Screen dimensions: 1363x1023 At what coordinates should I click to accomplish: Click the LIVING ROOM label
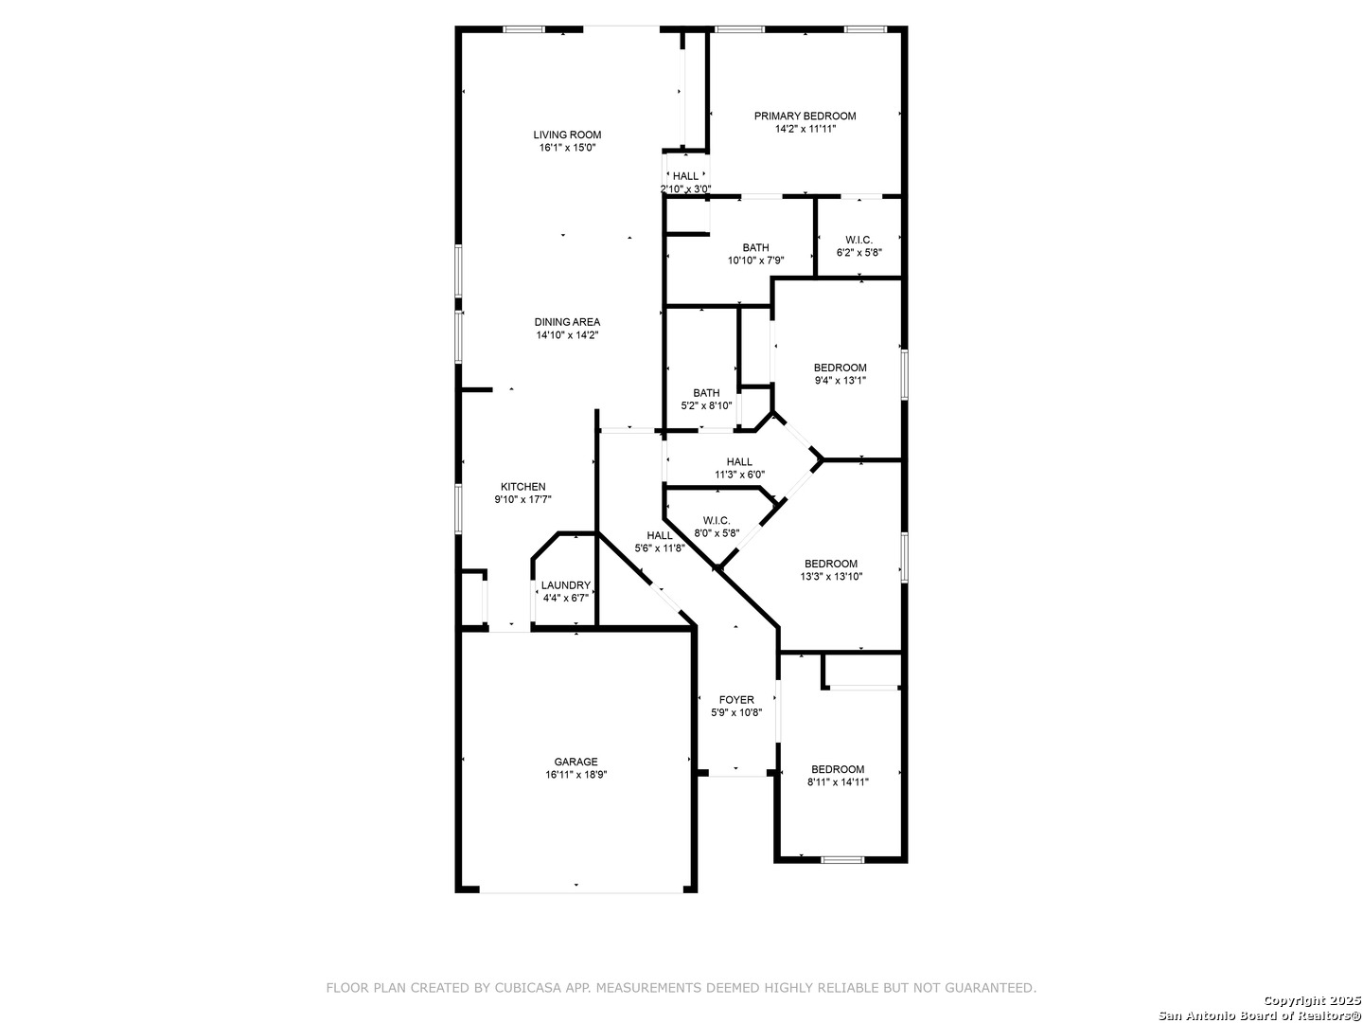[567, 135]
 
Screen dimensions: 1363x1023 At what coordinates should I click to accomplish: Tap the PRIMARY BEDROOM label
[805, 117]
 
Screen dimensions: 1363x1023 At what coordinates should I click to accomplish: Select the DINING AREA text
[567, 322]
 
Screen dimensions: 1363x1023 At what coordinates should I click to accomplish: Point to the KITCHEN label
[522, 487]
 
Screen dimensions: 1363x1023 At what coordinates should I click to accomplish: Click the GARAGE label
[575, 763]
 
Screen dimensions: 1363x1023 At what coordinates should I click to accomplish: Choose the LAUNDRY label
[566, 585]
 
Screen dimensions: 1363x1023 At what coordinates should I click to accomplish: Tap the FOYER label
[736, 700]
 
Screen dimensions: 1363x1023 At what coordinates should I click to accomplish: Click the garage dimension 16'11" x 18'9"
[575, 775]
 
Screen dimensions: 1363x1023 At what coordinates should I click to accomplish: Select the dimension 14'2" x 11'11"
[805, 129]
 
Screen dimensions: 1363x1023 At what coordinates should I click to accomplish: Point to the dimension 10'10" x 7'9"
[755, 260]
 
